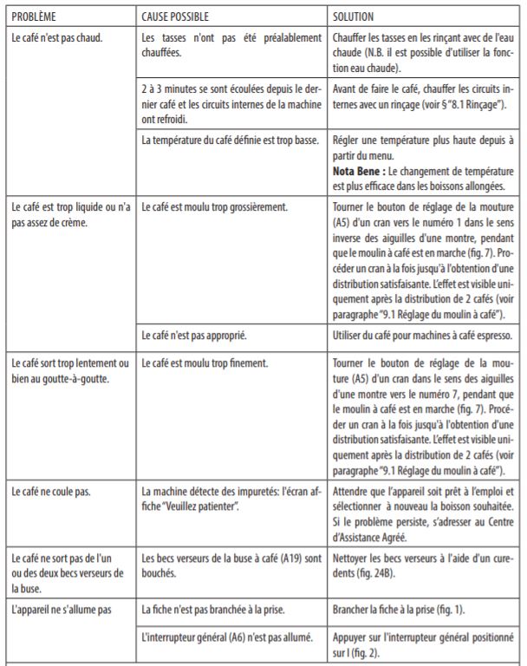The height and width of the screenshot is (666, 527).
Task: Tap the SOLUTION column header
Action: [x=355, y=16]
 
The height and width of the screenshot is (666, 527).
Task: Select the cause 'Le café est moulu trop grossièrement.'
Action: [x=213, y=207]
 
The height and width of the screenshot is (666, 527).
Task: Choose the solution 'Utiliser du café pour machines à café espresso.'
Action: [x=420, y=334]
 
